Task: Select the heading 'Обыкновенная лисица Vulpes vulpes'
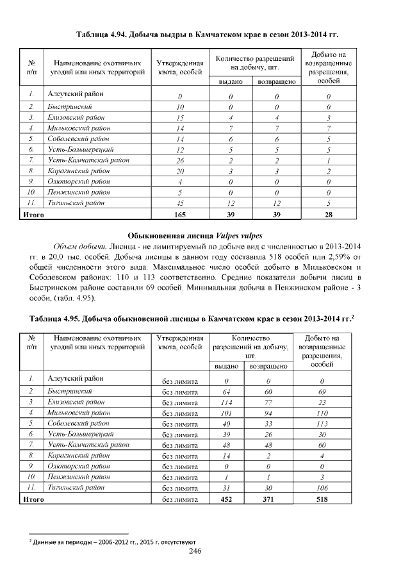(x=204, y=234)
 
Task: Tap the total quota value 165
(x=180, y=215)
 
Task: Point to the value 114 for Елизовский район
(x=225, y=402)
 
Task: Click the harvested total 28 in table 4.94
(x=327, y=215)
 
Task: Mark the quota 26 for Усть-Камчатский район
(x=180, y=160)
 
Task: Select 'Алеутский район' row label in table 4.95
(x=72, y=379)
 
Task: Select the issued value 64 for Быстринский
(x=225, y=391)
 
